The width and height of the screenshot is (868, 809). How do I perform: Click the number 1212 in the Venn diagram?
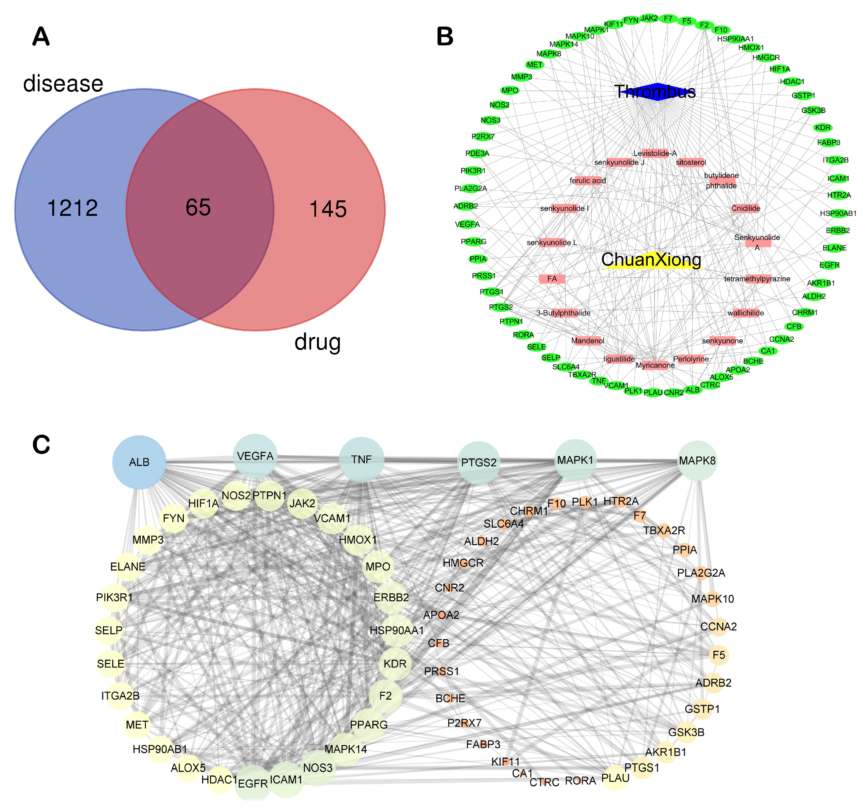tap(72, 208)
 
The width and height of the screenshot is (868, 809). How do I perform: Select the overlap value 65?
tap(198, 207)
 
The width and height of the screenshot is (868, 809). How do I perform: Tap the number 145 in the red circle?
tap(328, 209)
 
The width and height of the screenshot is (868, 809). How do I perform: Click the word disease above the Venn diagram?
tap(63, 83)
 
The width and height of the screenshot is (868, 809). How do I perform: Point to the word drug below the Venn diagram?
tap(317, 342)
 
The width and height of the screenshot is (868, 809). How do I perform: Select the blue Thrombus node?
tap(655, 92)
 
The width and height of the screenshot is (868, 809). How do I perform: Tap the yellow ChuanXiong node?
tap(651, 260)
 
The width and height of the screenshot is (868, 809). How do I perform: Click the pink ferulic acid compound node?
tap(588, 181)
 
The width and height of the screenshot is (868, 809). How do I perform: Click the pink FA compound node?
tap(552, 279)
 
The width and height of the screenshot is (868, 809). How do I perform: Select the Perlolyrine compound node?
tap(691, 359)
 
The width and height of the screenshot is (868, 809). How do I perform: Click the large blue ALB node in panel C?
tap(139, 462)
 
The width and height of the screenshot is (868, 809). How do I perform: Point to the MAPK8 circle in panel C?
tap(697, 461)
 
